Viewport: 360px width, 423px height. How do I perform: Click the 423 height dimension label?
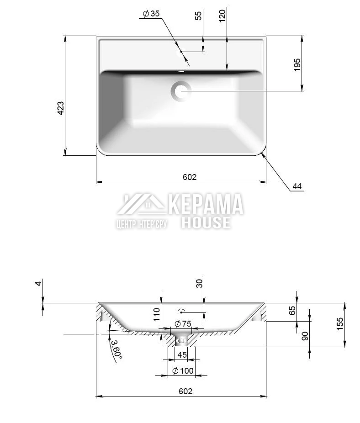point(61,108)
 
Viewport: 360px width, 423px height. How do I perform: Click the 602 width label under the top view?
point(190,177)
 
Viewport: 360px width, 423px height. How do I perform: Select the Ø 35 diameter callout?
point(151,14)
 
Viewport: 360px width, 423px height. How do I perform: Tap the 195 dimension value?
point(297,65)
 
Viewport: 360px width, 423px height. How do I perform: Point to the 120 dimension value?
point(222,16)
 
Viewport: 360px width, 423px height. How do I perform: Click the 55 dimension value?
point(198,16)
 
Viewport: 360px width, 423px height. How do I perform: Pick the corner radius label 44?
point(297,186)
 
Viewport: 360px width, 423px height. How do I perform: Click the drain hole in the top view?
point(181,91)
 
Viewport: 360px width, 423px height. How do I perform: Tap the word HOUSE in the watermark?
point(206,222)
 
